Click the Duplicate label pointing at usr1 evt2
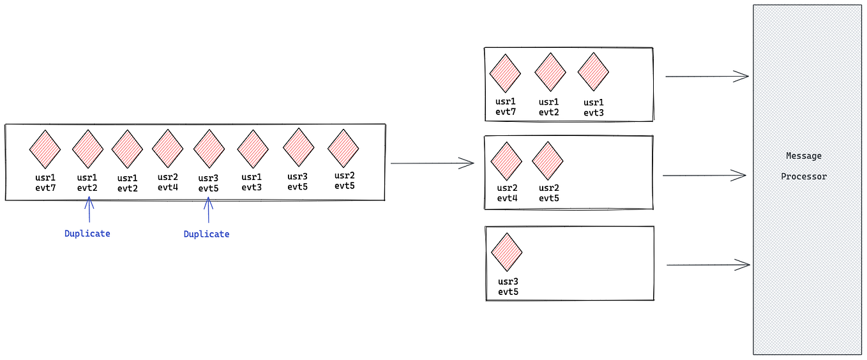(87, 234)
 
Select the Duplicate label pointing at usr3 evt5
(206, 234)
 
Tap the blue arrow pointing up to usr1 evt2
(89, 210)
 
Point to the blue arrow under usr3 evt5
(207, 210)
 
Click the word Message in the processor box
(804, 156)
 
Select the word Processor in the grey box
(804, 176)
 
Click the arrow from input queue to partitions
(432, 164)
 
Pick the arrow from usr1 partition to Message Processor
(706, 77)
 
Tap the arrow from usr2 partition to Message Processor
(704, 175)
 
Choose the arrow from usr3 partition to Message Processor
(707, 265)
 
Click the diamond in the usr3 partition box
(507, 252)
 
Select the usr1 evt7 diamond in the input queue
(45, 149)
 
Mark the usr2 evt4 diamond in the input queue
(167, 149)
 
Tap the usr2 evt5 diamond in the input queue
(343, 148)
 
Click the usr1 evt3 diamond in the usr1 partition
(593, 71)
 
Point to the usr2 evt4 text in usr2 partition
(507, 193)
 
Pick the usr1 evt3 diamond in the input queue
(253, 149)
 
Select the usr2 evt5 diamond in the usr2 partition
(548, 161)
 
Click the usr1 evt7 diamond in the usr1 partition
(505, 73)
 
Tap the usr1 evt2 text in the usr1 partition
(549, 107)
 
